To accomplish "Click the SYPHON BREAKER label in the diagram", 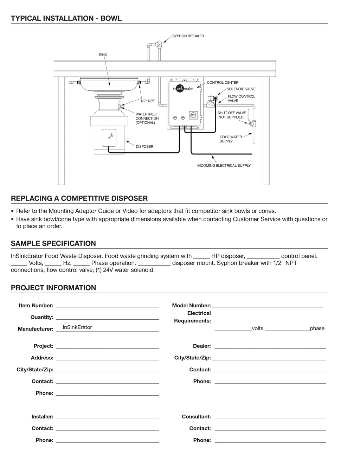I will coord(188,36).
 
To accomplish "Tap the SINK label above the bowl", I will coord(103,55).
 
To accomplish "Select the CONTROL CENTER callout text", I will coord(223,83).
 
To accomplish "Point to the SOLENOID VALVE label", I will coord(241,89).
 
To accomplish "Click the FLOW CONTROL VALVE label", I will coord(241,98).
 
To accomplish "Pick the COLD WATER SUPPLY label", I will coord(231,139).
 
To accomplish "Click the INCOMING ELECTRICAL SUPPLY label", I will coord(224,165).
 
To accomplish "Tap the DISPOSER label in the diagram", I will coord(144,146).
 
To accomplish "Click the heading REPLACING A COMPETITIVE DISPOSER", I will coord(79,198).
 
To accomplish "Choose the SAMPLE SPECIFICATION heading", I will coord(53,243).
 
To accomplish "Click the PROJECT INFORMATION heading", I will coord(53,288).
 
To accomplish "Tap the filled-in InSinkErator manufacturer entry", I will coord(77,327).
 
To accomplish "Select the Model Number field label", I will coord(191,306).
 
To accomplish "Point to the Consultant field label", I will coord(196,417).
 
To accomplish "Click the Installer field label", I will coord(42,417).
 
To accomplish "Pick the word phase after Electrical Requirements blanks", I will coord(317,328).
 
